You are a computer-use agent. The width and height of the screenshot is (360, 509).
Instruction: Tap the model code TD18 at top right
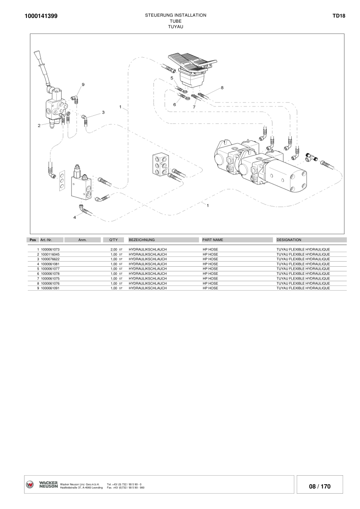[x=339, y=16]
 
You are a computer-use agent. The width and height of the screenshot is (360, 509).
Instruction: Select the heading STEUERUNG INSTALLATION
[x=175, y=15]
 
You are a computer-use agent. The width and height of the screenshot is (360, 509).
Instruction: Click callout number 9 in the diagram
[x=83, y=85]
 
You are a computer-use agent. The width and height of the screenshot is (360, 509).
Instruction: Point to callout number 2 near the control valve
[x=39, y=126]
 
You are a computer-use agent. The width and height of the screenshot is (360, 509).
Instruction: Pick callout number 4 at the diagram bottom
[x=74, y=217]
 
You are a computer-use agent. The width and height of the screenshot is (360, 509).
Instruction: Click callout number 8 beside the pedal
[x=222, y=88]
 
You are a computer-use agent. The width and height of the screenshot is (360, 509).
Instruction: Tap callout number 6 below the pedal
[x=174, y=104]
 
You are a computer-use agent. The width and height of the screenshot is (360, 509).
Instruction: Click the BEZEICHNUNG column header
[x=142, y=240]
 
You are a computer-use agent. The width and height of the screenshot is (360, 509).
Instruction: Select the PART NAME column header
[x=212, y=240]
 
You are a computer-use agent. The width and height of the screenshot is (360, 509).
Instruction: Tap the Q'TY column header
[x=113, y=240]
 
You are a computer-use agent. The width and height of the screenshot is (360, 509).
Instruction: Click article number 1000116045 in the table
[x=50, y=254]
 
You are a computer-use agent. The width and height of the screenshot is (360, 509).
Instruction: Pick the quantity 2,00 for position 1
[x=114, y=249]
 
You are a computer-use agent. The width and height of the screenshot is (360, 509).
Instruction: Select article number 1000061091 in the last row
[x=50, y=288]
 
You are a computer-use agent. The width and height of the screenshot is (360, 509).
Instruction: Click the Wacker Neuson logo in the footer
[x=42, y=484]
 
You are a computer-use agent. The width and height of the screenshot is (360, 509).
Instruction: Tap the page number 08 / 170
[x=320, y=486]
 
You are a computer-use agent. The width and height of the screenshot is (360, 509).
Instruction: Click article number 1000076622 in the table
[x=50, y=259]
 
